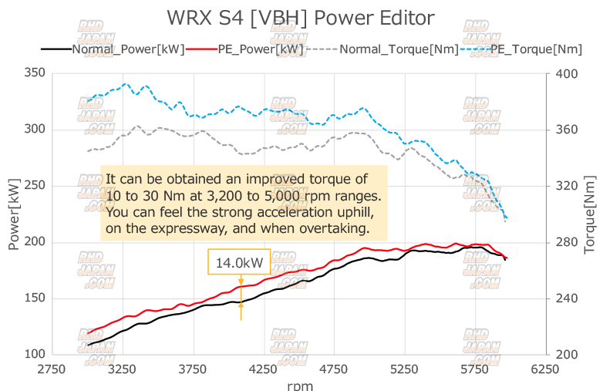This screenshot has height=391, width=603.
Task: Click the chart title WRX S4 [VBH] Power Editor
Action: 301,18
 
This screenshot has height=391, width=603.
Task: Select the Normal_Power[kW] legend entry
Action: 127,49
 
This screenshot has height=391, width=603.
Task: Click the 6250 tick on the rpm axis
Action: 544,369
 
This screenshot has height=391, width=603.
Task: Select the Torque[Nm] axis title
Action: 591,214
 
